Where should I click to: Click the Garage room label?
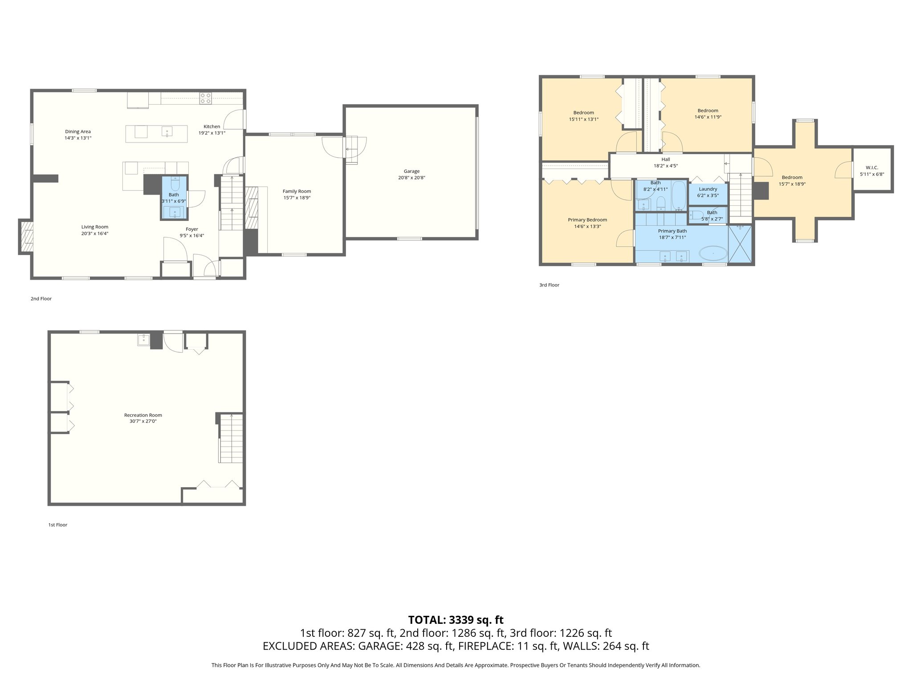pos(411,171)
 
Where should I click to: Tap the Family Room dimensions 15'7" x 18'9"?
pos(297,198)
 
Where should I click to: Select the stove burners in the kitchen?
pos(206,98)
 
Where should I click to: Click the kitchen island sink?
pos(167,131)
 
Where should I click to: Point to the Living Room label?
pos(94,227)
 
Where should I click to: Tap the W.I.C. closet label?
pos(872,168)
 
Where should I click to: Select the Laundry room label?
pos(708,189)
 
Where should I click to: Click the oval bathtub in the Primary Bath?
pos(713,254)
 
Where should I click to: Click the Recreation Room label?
pos(143,415)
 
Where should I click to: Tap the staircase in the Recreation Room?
pos(231,439)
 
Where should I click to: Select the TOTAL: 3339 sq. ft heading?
pos(456,620)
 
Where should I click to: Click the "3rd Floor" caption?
pos(549,285)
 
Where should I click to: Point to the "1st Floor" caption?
pos(57,525)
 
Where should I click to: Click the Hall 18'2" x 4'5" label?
pos(665,163)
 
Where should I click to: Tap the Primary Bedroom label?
pos(587,220)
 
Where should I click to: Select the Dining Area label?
pos(78,132)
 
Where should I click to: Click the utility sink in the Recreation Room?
pos(144,340)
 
